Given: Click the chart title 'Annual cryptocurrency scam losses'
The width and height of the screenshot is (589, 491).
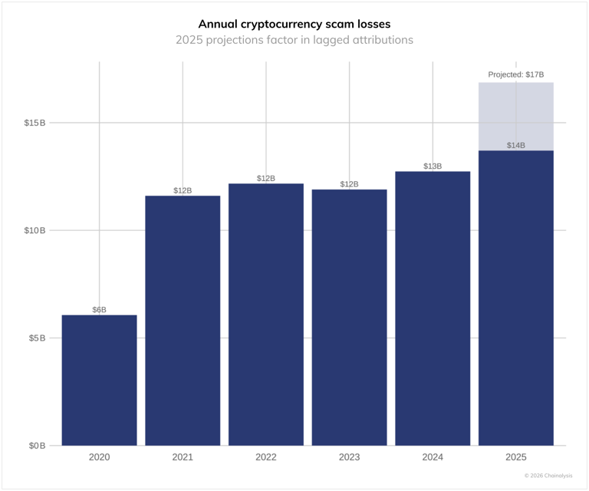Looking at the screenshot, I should click(294, 24).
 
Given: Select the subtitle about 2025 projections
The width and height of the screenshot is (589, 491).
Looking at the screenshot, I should click(294, 40).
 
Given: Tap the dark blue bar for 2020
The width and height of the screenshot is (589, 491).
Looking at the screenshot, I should click(100, 380).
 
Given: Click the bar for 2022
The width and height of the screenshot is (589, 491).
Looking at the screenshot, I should click(266, 315).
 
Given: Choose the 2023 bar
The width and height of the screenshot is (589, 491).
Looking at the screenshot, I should click(350, 318).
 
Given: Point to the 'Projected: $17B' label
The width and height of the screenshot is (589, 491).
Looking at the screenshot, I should click(516, 74).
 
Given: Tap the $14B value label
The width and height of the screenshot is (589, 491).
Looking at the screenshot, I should click(516, 145).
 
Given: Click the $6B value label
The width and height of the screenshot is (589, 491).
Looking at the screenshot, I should click(100, 310).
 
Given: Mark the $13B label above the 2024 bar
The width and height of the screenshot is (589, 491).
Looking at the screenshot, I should click(433, 166).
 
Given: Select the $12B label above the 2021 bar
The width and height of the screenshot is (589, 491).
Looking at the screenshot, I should click(183, 190).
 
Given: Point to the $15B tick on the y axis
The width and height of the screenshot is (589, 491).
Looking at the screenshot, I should click(35, 123).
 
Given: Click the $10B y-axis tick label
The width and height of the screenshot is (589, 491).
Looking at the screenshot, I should click(35, 230).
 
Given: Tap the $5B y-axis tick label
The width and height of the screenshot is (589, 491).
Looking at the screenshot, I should click(37, 338).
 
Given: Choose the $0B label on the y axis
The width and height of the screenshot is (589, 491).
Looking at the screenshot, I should click(37, 446).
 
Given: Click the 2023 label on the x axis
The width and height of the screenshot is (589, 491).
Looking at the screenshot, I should click(350, 457).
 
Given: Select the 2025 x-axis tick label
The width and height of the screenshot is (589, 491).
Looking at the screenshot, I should click(516, 457).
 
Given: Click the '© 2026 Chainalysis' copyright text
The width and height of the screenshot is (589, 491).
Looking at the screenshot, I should click(548, 476).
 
